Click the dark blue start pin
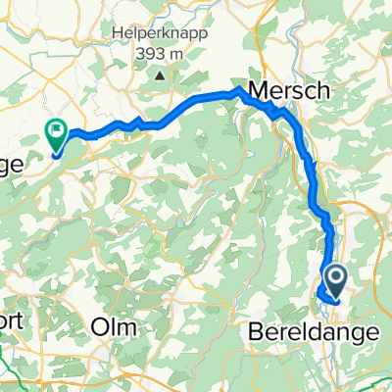[334, 280]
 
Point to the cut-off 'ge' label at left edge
[10, 166]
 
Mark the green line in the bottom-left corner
[12, 376]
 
